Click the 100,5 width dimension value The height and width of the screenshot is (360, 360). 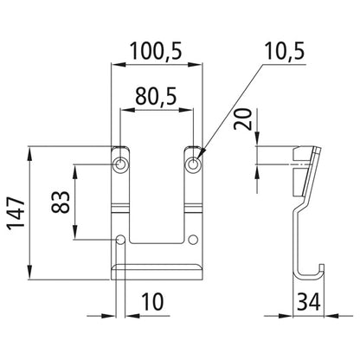(x=156, y=51)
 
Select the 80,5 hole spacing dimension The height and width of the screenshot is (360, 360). (x=156, y=96)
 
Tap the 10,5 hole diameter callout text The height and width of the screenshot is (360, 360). (x=285, y=51)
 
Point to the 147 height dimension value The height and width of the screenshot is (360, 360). (x=16, y=214)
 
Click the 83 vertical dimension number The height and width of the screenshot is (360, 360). (x=61, y=202)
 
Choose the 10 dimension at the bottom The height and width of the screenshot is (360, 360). (x=153, y=302)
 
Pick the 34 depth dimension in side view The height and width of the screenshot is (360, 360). (x=309, y=302)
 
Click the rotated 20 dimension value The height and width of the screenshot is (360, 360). (x=243, y=119)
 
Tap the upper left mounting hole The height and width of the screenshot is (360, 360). (x=120, y=164)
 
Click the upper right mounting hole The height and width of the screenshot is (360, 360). (x=193, y=164)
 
